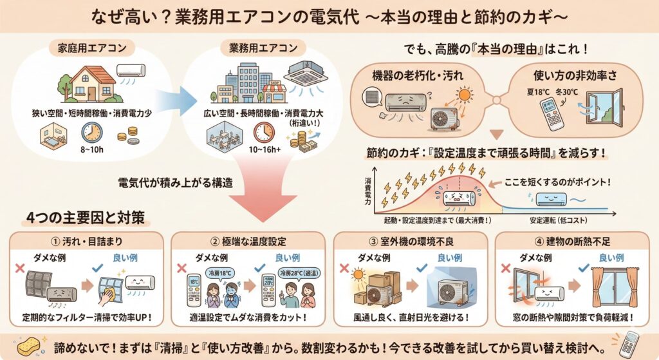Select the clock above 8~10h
(91, 132)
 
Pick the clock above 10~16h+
(263, 132)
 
